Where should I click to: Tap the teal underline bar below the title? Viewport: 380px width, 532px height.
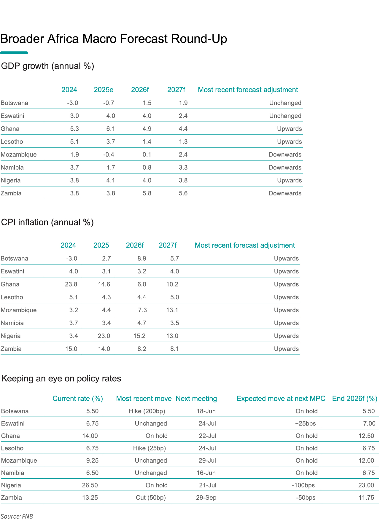click(x=14, y=53)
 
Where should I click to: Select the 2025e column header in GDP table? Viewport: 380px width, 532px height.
click(x=104, y=90)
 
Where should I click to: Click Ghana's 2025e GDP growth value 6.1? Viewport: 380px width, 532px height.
click(x=111, y=129)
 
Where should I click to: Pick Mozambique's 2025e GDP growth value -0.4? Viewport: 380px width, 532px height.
click(x=109, y=154)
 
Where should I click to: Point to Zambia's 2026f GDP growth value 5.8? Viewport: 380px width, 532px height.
click(x=147, y=193)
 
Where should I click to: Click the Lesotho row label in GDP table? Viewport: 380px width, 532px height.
click(x=12, y=142)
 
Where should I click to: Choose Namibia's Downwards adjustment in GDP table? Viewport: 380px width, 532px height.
click(x=285, y=168)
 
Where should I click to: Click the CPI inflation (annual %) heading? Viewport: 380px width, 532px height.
click(x=47, y=222)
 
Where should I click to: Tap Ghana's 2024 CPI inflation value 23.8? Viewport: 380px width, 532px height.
click(x=71, y=284)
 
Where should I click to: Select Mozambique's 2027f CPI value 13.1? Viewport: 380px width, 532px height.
click(x=173, y=310)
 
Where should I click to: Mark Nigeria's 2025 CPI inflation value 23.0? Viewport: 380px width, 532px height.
click(x=104, y=336)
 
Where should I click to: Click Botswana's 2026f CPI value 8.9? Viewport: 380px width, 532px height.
click(x=142, y=259)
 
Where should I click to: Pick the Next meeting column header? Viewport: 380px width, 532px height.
click(x=196, y=399)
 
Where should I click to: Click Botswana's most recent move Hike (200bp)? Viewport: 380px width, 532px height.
click(x=147, y=411)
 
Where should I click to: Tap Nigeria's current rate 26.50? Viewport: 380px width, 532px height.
click(x=90, y=485)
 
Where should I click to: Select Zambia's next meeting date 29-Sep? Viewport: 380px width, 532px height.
click(x=206, y=498)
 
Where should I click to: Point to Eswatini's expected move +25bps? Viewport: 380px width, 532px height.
click(x=306, y=423)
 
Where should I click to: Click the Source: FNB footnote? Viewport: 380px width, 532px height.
click(x=17, y=516)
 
